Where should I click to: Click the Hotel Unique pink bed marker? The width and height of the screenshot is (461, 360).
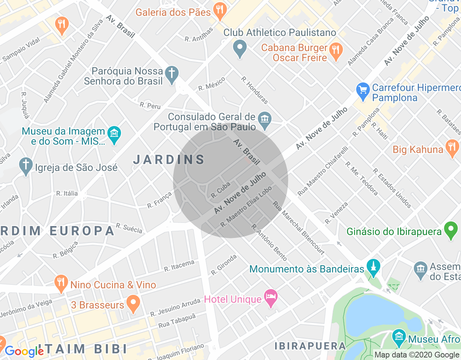click(x=271, y=298)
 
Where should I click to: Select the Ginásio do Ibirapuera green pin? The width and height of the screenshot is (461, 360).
click(x=451, y=230)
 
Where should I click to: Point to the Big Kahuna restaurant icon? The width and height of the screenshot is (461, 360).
click(x=452, y=148)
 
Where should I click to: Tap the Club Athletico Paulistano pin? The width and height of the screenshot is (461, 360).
click(x=240, y=48)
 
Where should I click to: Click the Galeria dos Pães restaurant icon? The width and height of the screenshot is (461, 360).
click(x=219, y=11)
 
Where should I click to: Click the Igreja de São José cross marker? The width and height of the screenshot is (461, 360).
click(x=26, y=166)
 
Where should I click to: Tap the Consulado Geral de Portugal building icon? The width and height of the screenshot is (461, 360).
click(x=265, y=120)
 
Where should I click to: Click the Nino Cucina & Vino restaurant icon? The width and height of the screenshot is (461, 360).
click(x=61, y=283)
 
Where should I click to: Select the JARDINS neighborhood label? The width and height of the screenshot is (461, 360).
click(x=169, y=159)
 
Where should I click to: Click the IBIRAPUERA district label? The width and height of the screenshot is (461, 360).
click(x=310, y=346)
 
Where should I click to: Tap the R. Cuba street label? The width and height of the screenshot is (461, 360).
click(x=220, y=190)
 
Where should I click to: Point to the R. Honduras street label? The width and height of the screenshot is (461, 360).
click(x=255, y=90)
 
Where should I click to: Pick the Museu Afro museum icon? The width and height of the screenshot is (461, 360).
click(x=399, y=337)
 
